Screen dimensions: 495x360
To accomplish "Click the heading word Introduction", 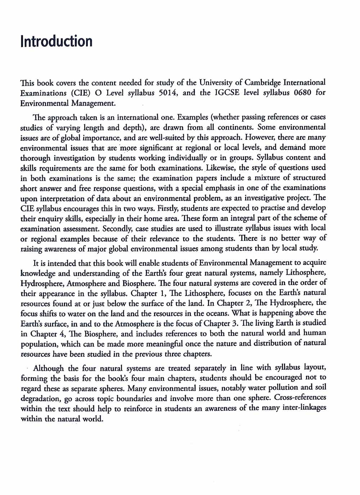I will point(57,41).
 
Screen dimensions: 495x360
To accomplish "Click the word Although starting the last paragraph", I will point(48,368).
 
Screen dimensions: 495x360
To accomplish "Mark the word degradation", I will point(40,399).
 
